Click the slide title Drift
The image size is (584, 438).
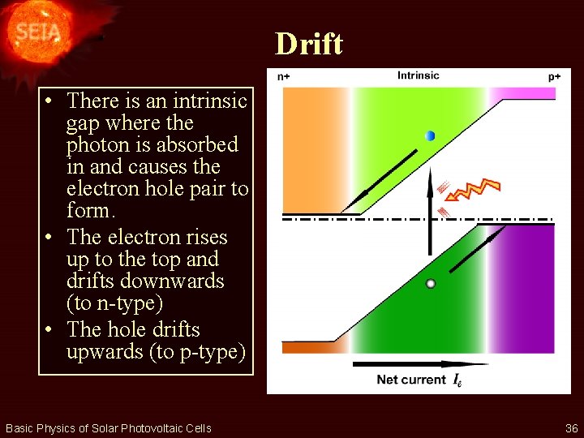pos(308,43)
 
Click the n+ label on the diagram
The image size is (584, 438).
pos(285,77)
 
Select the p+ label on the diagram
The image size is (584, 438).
pos(554,76)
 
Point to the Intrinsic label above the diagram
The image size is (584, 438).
pos(418,75)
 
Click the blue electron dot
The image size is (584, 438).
pos(430,135)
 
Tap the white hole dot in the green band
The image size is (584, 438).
pos(431,284)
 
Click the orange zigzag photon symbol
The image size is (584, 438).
pos(477,191)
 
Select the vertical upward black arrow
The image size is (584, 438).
pos(430,211)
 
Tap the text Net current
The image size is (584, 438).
pos(411,380)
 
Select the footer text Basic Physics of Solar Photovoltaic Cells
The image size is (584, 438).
pos(108,428)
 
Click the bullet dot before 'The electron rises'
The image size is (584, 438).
pos(50,238)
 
